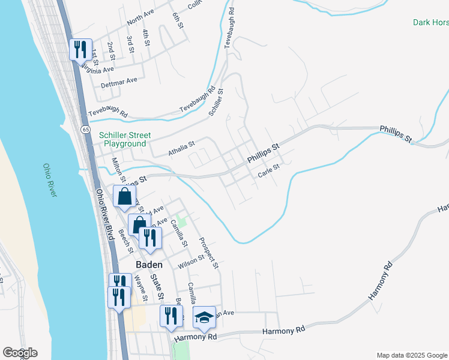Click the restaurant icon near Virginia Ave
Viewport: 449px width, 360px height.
(80, 49)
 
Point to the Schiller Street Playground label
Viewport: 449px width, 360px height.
(125, 139)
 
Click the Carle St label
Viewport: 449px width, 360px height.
(269, 171)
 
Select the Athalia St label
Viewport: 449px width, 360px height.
(182, 149)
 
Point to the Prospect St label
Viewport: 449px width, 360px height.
(209, 251)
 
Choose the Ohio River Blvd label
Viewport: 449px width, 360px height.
(104, 215)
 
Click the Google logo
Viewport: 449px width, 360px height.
(20, 353)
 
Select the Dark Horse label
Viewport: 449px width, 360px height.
(430, 23)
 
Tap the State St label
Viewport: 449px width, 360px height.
(157, 286)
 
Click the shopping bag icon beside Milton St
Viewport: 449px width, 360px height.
(124, 196)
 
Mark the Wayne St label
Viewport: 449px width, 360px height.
(140, 287)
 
